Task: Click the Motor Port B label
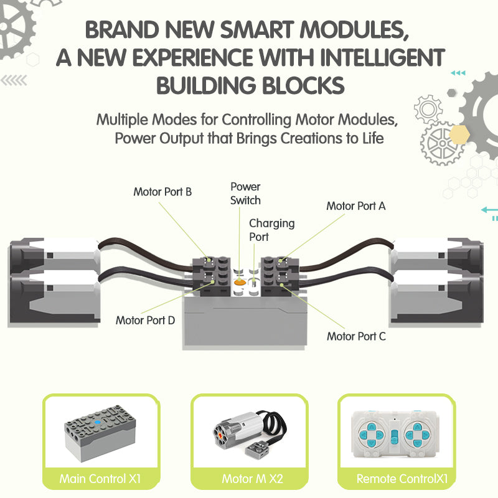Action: (x=162, y=192)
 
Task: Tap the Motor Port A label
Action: (x=355, y=206)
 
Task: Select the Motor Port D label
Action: (x=145, y=320)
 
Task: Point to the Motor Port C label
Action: (x=356, y=336)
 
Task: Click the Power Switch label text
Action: (x=245, y=194)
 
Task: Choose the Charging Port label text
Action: (x=271, y=230)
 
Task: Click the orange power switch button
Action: (x=240, y=282)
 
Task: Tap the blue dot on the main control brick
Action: (x=98, y=423)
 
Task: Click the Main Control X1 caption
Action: (x=100, y=479)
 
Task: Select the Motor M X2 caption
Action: (x=252, y=479)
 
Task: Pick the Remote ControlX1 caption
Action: (x=402, y=479)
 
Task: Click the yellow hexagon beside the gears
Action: (x=459, y=134)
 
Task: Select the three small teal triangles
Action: (x=458, y=73)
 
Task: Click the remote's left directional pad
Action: (x=371, y=434)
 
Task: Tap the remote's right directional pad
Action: (x=417, y=435)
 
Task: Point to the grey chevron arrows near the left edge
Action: (x=14, y=80)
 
